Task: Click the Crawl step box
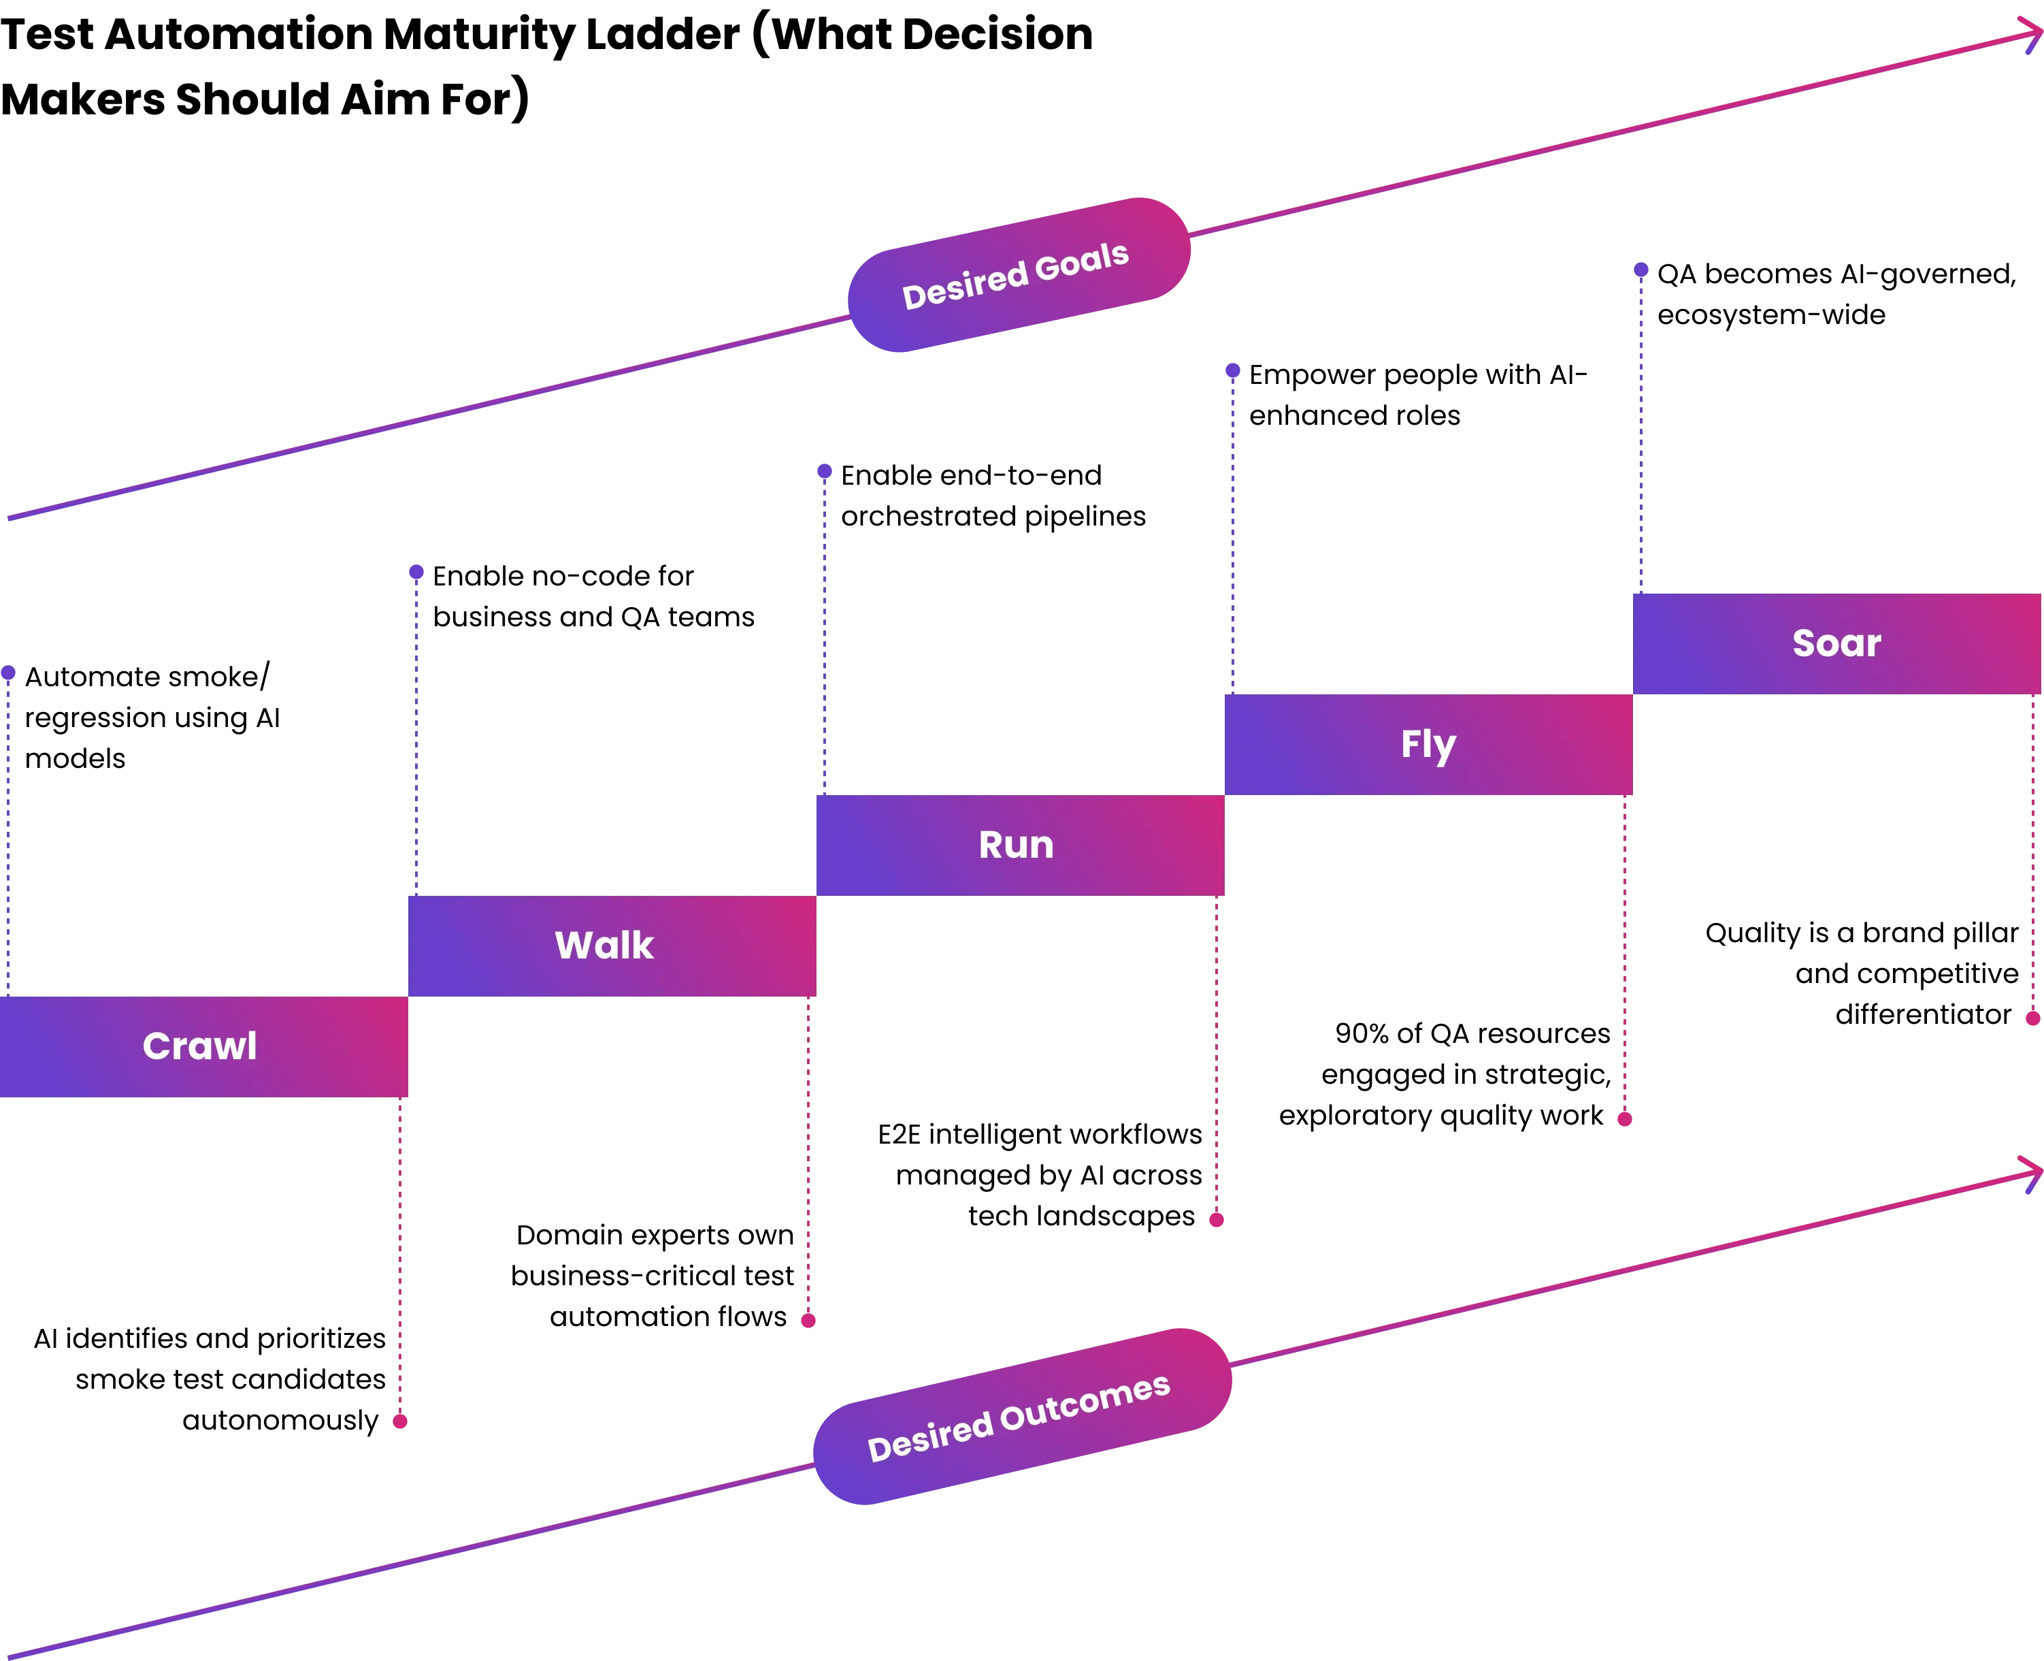click(x=203, y=1046)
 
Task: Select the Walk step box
click(x=612, y=946)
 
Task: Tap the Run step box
click(x=1019, y=845)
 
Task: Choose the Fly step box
click(x=1428, y=745)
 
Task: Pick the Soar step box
click(x=1836, y=643)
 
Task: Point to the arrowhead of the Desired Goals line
click(x=2035, y=36)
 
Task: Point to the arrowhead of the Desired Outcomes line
click(x=2035, y=1172)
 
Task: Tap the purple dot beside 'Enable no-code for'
click(x=416, y=573)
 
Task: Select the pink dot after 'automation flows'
click(x=808, y=1321)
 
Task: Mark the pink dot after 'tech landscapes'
click(x=1217, y=1219)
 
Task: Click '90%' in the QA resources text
click(x=1360, y=1033)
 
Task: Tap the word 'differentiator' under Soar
click(x=1922, y=1014)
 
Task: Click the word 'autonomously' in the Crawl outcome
click(x=280, y=1420)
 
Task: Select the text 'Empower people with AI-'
click(x=1417, y=374)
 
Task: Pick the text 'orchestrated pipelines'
click(x=993, y=516)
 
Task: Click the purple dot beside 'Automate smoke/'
click(x=9, y=673)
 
